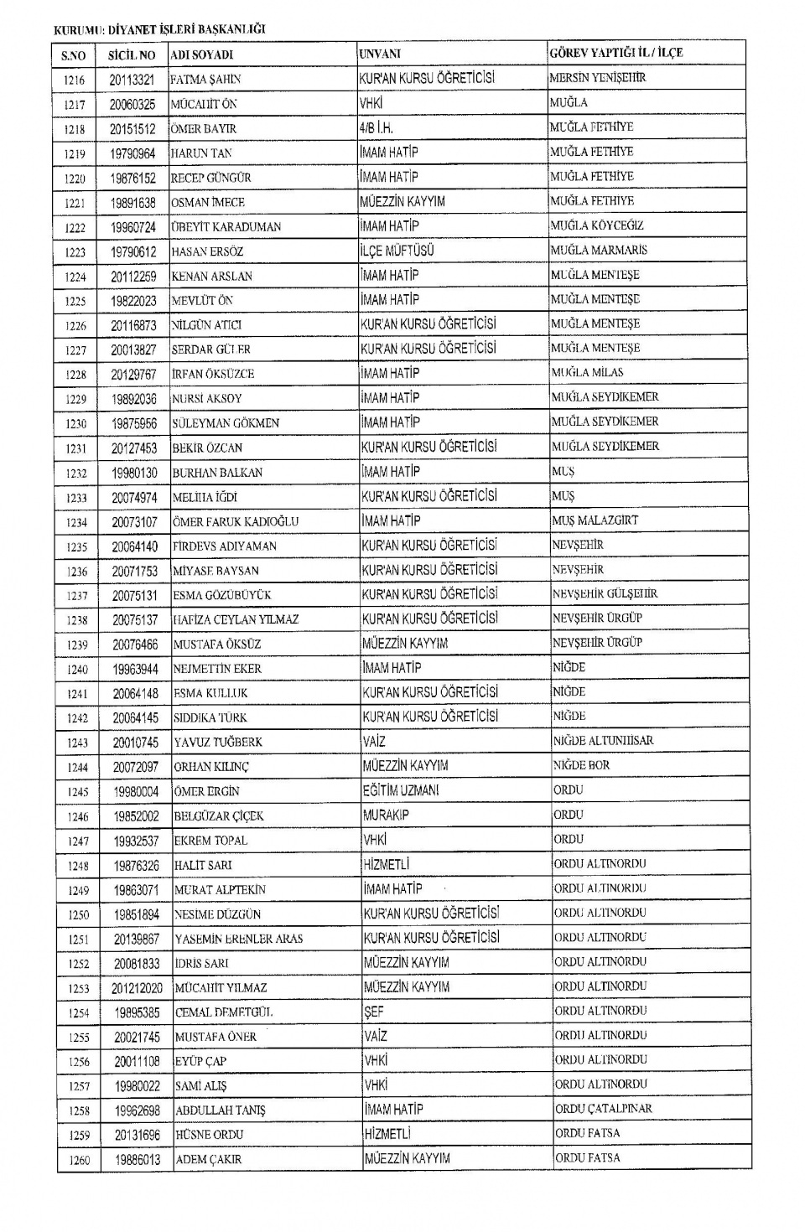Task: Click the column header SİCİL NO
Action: tap(132, 54)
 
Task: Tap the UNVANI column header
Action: tap(380, 54)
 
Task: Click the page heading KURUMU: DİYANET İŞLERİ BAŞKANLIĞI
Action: tap(159, 29)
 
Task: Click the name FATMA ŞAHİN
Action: tap(205, 80)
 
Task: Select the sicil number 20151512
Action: tap(132, 129)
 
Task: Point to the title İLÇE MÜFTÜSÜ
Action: tap(397, 251)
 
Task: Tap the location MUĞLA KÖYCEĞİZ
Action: tap(598, 225)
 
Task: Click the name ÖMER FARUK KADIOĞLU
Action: tap(236, 521)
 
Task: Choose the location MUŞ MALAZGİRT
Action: tap(595, 520)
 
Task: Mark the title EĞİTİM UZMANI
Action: tap(401, 790)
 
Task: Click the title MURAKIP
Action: tap(385, 815)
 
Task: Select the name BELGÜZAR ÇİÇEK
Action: tap(219, 816)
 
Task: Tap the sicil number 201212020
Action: tap(138, 988)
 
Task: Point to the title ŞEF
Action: tap(374, 1012)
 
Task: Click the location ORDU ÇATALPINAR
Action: tap(603, 1109)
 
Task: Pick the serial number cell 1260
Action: tap(80, 1160)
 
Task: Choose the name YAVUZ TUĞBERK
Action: tap(218, 743)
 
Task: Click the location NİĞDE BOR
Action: tap(581, 765)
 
